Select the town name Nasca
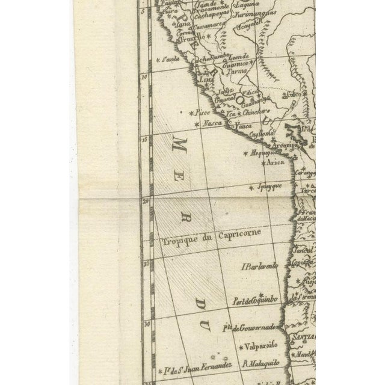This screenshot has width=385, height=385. pyautogui.click(x=211, y=123)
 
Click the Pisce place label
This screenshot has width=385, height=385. pyautogui.click(x=205, y=112)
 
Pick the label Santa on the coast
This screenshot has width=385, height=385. pyautogui.click(x=170, y=59)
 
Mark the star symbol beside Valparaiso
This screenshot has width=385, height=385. pyautogui.click(x=243, y=347)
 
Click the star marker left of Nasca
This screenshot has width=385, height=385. pyautogui.click(x=197, y=123)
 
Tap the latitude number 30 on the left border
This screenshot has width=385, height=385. pyautogui.click(x=146, y=323)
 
